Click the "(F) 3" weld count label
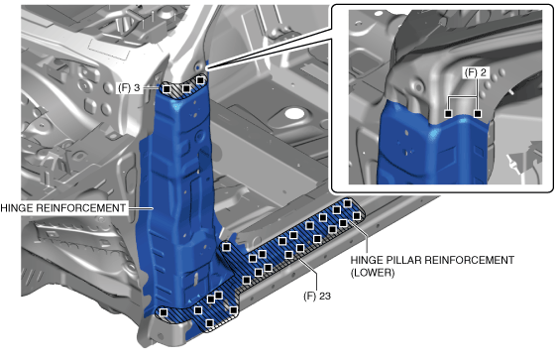[129, 88]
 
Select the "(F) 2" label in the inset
[475, 72]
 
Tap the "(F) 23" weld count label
[317, 296]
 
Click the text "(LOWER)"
[373, 273]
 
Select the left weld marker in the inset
[448, 114]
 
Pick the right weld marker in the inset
[478, 114]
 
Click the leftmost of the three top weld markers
[167, 89]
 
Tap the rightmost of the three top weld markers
[200, 80]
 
